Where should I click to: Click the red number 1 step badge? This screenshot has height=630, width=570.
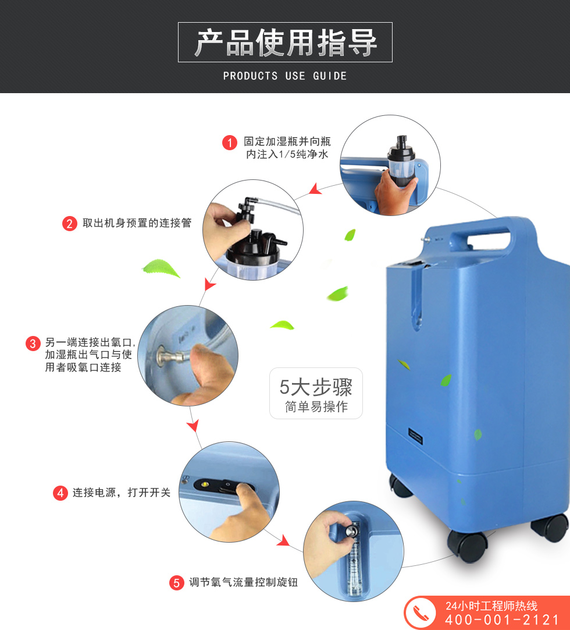coord(230,142)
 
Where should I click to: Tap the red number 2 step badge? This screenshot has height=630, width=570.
coord(69,224)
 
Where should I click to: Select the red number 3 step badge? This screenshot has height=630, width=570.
coord(33,344)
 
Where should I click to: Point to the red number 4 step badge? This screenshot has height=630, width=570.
coord(60,493)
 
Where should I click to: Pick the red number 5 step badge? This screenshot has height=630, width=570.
coord(177,583)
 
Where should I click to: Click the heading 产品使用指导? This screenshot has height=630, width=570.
coord(286,43)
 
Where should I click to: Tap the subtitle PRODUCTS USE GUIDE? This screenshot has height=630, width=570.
coord(285,76)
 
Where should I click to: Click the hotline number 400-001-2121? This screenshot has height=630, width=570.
coord(502,620)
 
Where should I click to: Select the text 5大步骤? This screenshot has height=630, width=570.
coord(316,387)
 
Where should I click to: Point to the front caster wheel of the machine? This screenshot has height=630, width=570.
coord(467,545)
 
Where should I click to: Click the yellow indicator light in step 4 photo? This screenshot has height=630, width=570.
coord(205,484)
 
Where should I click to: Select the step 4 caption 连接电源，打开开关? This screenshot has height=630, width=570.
coord(122,493)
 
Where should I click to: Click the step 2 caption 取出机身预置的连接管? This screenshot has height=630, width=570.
coord(137,223)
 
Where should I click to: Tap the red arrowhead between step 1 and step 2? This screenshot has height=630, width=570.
coord(315,189)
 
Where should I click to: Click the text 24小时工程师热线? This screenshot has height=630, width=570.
coord(491,606)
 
